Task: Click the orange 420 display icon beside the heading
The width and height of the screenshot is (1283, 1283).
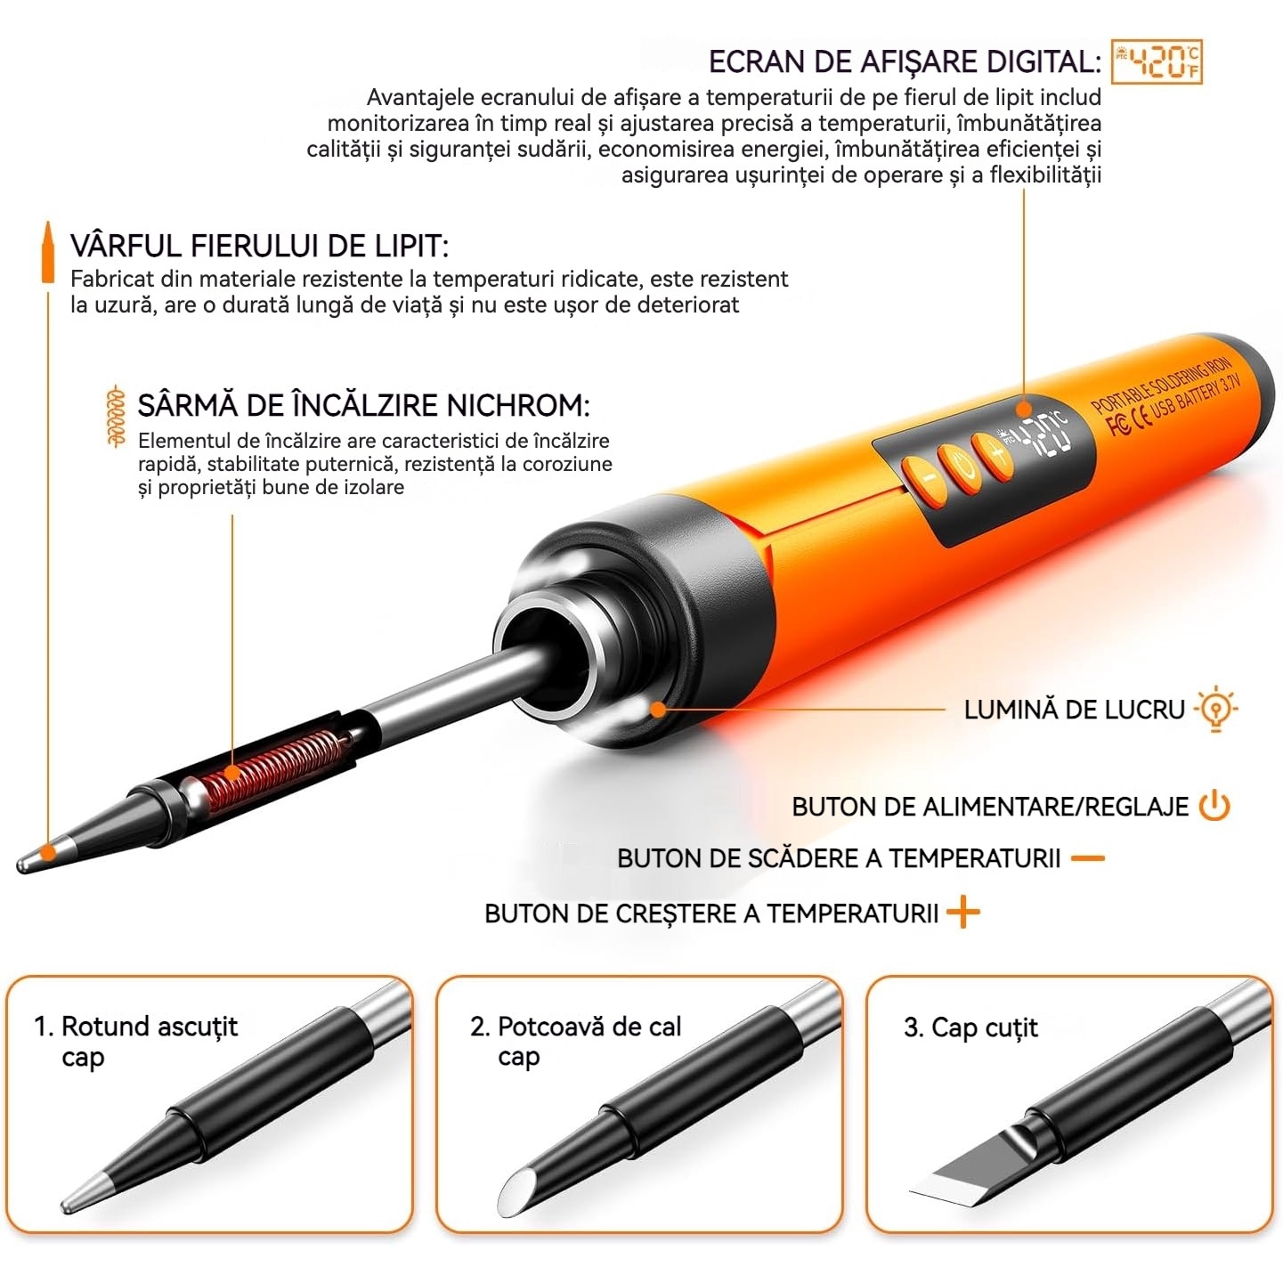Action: pos(1157,61)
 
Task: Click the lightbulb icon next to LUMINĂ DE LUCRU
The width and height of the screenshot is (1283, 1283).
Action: pos(1215,709)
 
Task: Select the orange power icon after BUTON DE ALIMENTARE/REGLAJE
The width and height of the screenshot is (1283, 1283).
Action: pos(1214,805)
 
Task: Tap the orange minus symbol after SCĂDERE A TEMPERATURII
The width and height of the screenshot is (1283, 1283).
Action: pos(1088,858)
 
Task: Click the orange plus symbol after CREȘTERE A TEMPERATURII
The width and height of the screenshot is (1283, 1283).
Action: pos(962,913)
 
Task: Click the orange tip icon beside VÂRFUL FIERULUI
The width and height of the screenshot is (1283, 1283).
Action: pos(47,253)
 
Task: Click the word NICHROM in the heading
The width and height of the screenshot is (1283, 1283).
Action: pos(518,405)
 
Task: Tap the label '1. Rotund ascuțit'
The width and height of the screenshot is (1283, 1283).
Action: pos(136,1027)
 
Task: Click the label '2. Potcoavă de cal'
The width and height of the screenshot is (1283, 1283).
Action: pos(576,1027)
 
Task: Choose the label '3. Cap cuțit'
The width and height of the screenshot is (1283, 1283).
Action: pos(970,1027)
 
